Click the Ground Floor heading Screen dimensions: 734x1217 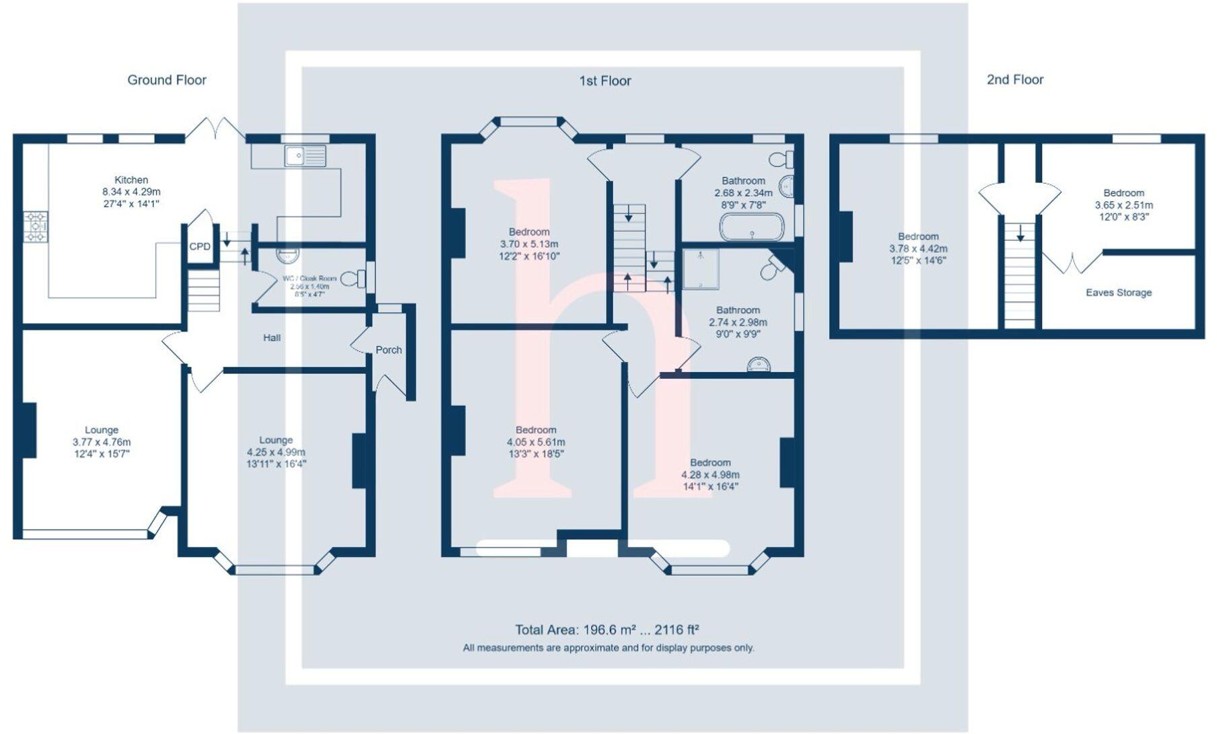coord(167,80)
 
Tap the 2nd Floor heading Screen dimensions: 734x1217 coord(1014,79)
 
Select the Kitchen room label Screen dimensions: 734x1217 coord(131,180)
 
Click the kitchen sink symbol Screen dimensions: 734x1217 coord(305,155)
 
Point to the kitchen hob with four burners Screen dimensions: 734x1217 coord(36,227)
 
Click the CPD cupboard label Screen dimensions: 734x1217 coord(200,246)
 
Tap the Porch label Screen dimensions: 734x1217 coord(388,350)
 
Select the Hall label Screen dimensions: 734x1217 coord(272,338)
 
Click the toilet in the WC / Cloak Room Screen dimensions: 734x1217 coord(353,278)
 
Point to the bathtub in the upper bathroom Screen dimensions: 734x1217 coord(752,228)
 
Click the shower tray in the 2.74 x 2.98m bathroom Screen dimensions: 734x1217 coord(701,268)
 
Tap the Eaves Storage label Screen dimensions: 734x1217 coord(1118,293)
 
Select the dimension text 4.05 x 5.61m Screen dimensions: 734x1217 coord(536,442)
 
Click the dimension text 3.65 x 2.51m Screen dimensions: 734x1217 coord(1123,205)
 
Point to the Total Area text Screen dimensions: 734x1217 coord(606,630)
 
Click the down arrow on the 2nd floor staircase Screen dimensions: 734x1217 coord(1020,233)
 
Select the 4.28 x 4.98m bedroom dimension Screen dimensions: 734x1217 coord(710,474)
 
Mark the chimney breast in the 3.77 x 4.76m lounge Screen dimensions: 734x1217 coord(29,430)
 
